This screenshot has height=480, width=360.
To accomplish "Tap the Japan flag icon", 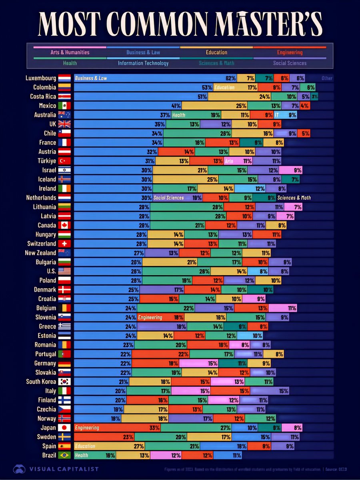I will (x=64, y=428).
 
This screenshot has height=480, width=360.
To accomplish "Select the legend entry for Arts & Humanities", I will (x=70, y=52).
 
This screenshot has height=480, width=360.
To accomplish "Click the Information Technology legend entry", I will (x=143, y=63).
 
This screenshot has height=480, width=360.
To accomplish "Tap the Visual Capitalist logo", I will (x=56, y=469).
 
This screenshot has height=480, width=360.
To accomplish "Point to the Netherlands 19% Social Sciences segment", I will (x=178, y=198).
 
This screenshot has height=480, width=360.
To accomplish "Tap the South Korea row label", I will (x=41, y=382).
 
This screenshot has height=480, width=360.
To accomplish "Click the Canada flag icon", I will (x=64, y=226).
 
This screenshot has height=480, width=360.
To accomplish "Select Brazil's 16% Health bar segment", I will (x=95, y=455).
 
